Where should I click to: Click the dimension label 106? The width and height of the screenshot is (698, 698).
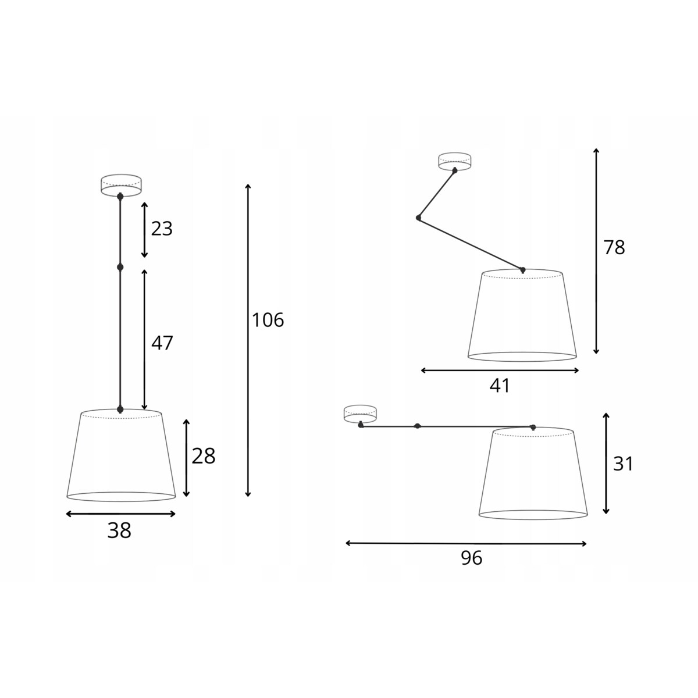click(268, 320)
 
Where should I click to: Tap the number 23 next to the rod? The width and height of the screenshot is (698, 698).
click(162, 229)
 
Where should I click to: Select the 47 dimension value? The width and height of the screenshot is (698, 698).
click(162, 343)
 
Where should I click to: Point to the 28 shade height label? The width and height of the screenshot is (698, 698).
click(204, 456)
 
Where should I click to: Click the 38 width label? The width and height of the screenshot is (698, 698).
click(119, 531)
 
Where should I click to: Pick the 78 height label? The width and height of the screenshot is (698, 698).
click(614, 248)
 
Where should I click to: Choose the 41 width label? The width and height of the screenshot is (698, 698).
click(500, 386)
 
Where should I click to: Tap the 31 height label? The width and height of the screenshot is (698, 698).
click(622, 464)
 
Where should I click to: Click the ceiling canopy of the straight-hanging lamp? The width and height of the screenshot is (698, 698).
click(120, 186)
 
